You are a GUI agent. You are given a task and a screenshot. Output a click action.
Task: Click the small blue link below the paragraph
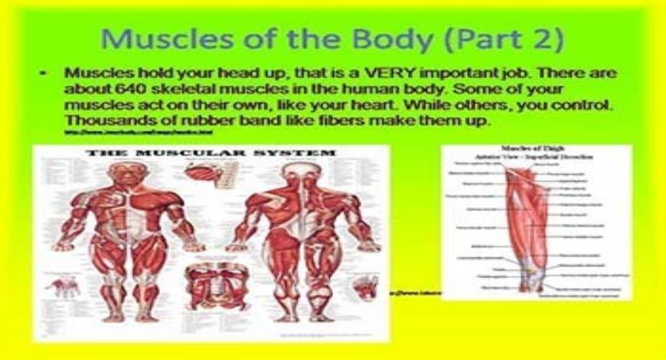138,133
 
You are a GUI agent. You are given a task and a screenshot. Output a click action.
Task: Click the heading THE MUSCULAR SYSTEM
211,154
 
